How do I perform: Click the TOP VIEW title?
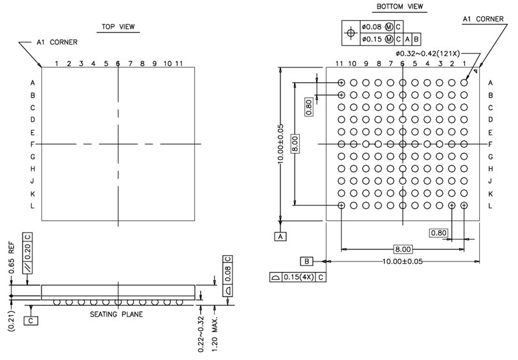point(118,27)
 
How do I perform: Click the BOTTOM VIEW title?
point(400,6)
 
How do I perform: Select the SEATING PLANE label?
point(117,314)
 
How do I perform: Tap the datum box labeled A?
point(280,236)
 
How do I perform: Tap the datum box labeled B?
point(306,261)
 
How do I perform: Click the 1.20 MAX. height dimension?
point(215,334)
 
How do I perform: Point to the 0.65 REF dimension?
point(11,258)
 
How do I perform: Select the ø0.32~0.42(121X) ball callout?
point(428,53)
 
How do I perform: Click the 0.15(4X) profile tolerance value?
point(298,276)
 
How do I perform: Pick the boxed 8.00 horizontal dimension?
point(403,249)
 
